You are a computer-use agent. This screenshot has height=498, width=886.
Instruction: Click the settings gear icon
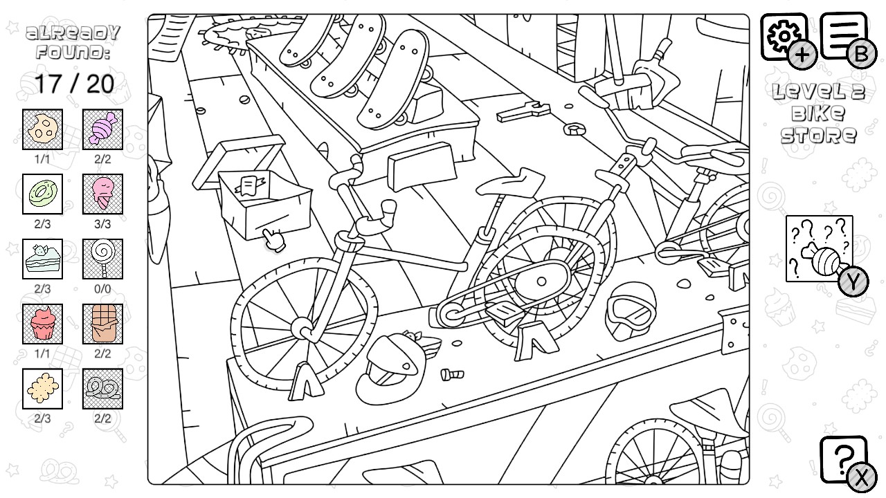tap(784, 35)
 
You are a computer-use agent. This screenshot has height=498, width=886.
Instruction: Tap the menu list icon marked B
tap(844, 35)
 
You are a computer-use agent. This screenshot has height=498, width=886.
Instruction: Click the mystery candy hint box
tap(819, 249)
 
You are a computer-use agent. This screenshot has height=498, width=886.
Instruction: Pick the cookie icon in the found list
tap(42, 129)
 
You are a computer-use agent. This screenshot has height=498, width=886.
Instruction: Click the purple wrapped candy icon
tap(102, 129)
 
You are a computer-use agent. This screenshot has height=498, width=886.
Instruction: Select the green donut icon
tap(42, 194)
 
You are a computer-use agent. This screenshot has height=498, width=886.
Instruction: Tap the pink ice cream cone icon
tap(102, 194)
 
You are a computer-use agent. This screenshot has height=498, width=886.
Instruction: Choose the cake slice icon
tap(42, 259)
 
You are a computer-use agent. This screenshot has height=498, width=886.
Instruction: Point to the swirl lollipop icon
tap(102, 259)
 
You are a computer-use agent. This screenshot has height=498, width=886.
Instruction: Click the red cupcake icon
tap(42, 324)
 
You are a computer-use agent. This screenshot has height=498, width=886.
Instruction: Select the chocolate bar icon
tap(102, 324)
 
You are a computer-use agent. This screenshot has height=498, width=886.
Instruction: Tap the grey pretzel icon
tap(102, 389)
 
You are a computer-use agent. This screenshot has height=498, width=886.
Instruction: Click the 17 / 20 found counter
tap(73, 84)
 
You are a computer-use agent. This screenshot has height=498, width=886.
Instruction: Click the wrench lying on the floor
tap(523, 111)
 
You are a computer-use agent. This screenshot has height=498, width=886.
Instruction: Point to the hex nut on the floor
tap(572, 129)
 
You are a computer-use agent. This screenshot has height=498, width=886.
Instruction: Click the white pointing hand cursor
tap(274, 239)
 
